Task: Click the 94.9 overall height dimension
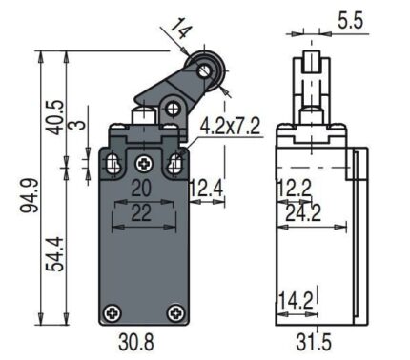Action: click(x=30, y=195)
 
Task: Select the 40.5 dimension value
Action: click(x=54, y=118)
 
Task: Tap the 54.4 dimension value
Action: click(x=55, y=254)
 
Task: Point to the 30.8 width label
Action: click(x=136, y=343)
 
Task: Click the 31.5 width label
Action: click(x=314, y=343)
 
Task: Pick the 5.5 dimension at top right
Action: click(x=350, y=22)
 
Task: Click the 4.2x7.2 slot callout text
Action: click(x=230, y=126)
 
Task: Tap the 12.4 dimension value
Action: click(x=206, y=189)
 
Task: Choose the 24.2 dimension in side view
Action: click(x=303, y=213)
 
